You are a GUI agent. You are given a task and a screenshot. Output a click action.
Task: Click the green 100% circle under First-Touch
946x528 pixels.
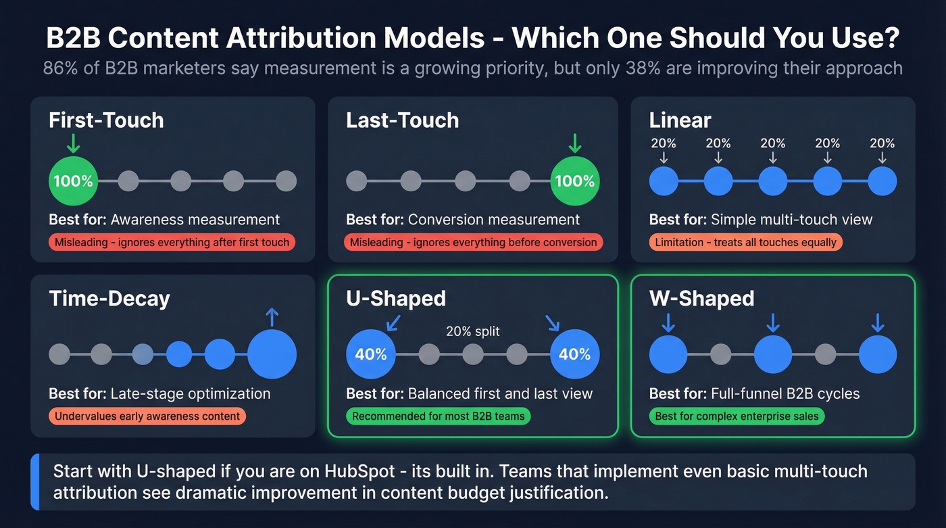pyautogui.click(x=74, y=181)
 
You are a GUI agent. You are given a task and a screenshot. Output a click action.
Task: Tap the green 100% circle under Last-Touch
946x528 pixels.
pyautogui.click(x=575, y=181)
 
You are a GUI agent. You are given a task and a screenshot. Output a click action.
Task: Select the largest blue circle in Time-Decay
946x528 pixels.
pyautogui.click(x=272, y=354)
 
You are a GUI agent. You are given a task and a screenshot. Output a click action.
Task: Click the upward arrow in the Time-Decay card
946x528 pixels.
pyautogui.click(x=272, y=317)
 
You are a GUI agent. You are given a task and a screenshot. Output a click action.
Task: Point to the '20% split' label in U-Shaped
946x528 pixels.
pyautogui.click(x=473, y=331)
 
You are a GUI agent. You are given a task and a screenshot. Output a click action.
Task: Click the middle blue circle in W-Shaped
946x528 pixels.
pyautogui.click(x=773, y=354)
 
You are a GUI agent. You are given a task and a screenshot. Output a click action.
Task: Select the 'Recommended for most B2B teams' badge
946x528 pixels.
pyautogui.click(x=439, y=416)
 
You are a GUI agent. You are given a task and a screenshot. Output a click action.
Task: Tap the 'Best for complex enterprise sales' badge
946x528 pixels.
pyautogui.click(x=737, y=416)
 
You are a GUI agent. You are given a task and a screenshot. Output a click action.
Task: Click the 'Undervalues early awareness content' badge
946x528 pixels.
pyautogui.click(x=147, y=416)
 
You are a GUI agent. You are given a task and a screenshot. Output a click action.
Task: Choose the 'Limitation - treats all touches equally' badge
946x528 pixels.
pyautogui.click(x=745, y=242)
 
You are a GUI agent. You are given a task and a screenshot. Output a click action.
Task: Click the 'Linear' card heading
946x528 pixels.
pyautogui.click(x=680, y=120)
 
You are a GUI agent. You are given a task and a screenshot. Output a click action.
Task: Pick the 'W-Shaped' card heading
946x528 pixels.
pyautogui.click(x=701, y=298)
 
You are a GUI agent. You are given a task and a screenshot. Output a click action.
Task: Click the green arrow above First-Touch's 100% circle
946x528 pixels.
pyautogui.click(x=74, y=143)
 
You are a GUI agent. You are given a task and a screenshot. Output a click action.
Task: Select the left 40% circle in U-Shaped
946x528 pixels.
pyautogui.click(x=371, y=354)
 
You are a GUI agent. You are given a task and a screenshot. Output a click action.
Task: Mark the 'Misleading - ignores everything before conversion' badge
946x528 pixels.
pyautogui.click(x=474, y=242)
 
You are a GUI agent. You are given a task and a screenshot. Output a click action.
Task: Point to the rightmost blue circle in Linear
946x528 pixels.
pyautogui.click(x=882, y=181)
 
